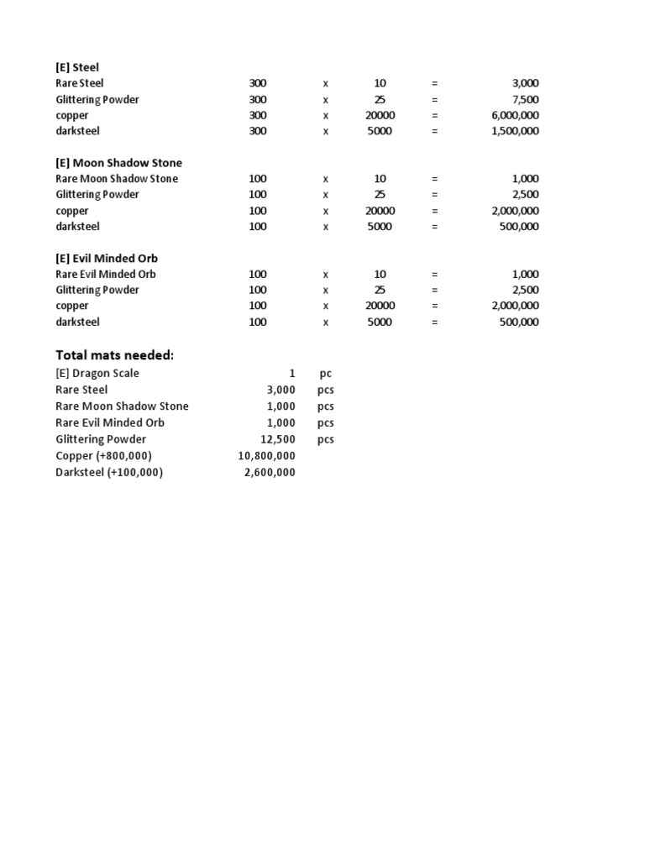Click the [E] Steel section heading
point(77,67)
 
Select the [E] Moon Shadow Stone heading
point(118,163)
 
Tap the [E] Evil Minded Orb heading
point(106,258)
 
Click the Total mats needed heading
point(114,355)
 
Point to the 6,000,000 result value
point(515,115)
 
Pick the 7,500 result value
point(525,99)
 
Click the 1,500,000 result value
point(515,131)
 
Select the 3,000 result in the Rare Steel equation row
point(525,83)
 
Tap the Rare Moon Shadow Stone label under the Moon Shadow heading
point(117,179)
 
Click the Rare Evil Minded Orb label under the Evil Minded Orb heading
point(106,274)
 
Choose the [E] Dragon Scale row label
point(97,374)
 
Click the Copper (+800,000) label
point(103,455)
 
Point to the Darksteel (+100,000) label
point(109,472)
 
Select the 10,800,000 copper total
point(267,455)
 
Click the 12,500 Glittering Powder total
point(278,439)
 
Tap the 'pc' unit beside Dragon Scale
point(326,374)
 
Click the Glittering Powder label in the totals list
point(101,439)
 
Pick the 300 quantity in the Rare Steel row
point(258,83)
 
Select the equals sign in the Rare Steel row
point(435,83)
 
